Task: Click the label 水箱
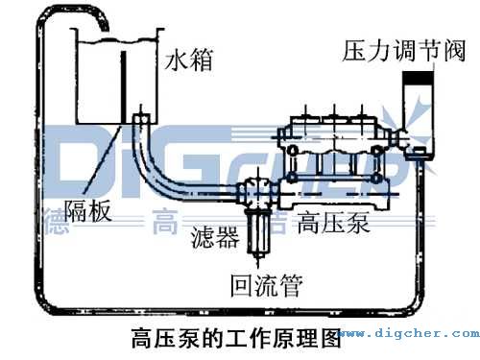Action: pos(188,63)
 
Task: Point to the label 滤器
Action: pos(214,236)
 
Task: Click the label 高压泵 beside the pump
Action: pos(334,224)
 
